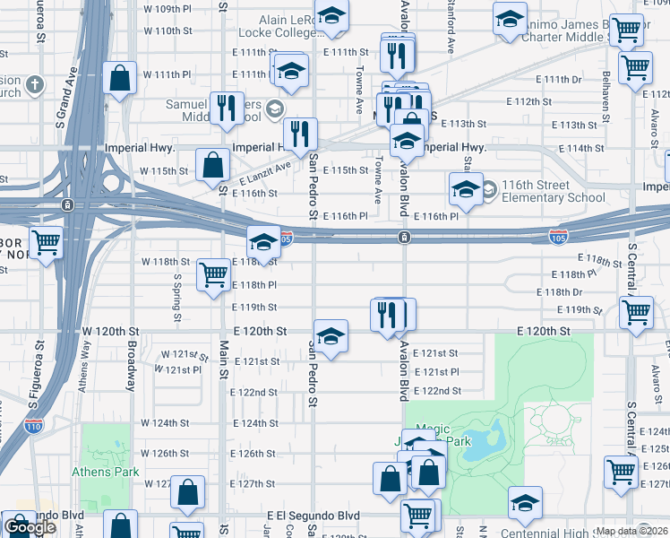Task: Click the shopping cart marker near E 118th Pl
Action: (214, 274)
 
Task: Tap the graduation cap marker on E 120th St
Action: (331, 335)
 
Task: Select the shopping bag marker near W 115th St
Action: (213, 164)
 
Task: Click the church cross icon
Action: (35, 85)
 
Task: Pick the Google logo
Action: (30, 527)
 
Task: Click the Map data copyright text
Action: (632, 531)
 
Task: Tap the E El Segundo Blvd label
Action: (313, 516)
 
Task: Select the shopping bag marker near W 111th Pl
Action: (119, 77)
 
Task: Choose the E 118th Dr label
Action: (559, 292)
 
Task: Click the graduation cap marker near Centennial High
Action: (525, 502)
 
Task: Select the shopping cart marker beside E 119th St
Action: (636, 313)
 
